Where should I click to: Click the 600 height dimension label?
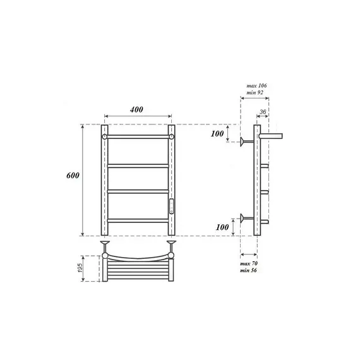[73, 176]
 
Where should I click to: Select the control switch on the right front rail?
[171, 205]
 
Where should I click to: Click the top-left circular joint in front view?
[104, 136]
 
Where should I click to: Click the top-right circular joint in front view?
[171, 136]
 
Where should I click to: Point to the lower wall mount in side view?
[245, 219]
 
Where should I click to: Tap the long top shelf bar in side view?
[273, 135]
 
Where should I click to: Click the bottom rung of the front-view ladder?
[138, 219]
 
